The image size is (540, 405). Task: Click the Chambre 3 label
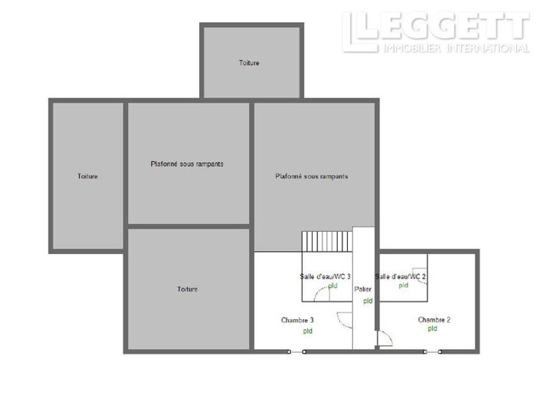(x=297, y=320)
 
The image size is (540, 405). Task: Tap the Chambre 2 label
(x=434, y=319)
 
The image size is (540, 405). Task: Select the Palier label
(x=363, y=289)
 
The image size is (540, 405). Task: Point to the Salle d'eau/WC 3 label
(x=326, y=276)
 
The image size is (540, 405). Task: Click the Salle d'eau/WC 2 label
(x=401, y=276)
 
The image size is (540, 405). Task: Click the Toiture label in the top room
(x=249, y=63)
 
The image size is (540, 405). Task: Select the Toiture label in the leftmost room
(x=87, y=176)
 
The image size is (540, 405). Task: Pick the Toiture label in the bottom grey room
(x=188, y=289)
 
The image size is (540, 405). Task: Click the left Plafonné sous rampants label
(x=187, y=163)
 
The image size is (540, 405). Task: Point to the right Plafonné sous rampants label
(x=312, y=176)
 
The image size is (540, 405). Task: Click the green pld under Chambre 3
(x=307, y=331)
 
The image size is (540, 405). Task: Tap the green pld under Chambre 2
(x=433, y=329)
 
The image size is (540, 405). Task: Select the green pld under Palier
(x=368, y=301)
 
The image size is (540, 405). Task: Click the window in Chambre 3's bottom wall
(x=296, y=351)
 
